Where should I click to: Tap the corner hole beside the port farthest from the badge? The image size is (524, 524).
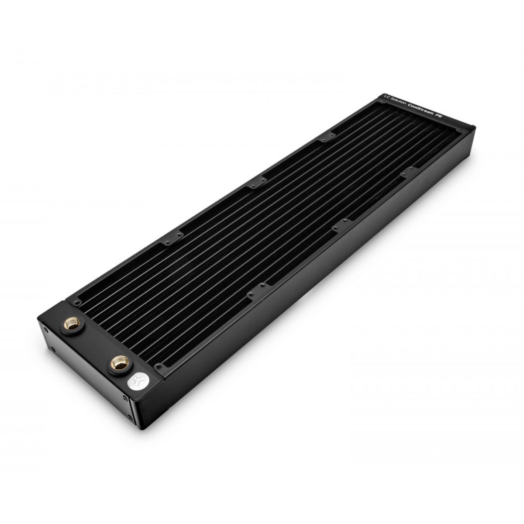78,301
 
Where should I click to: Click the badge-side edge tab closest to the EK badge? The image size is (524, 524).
261,286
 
